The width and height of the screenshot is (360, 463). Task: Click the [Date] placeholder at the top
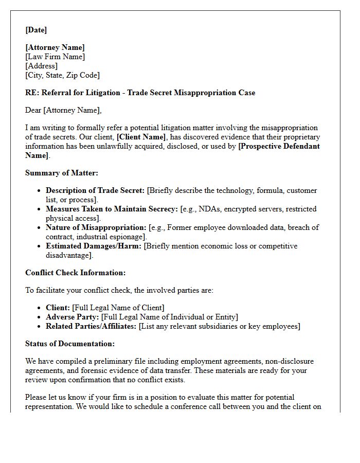(36, 30)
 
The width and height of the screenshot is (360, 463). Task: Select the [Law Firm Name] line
(55, 57)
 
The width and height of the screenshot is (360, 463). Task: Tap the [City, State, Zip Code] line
(62, 75)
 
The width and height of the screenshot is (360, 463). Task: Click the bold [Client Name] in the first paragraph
(141, 137)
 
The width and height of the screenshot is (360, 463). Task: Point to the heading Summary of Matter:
(61, 173)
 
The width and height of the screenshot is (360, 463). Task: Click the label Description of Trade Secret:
(95, 190)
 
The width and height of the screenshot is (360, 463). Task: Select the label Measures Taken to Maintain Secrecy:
(112, 209)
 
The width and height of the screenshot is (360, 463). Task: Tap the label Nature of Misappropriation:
(96, 227)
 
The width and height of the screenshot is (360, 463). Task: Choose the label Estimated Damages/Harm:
(94, 246)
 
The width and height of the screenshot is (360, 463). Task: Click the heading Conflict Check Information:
(75, 273)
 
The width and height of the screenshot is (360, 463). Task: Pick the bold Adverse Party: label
(73, 317)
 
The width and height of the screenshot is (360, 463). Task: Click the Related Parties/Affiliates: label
(91, 326)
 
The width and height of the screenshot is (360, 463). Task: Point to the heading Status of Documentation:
(70, 344)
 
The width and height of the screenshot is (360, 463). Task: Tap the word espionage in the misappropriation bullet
(128, 237)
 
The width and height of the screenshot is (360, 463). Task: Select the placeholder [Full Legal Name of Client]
(118, 308)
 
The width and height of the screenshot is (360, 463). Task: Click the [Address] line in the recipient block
(41, 66)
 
